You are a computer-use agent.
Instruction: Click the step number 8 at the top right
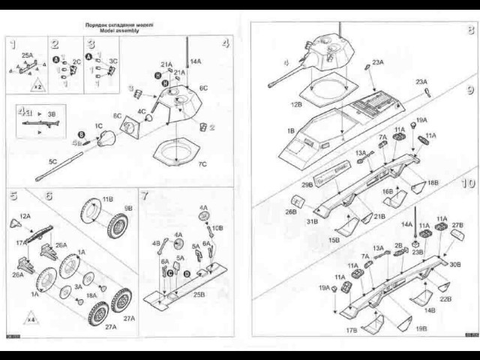coord(469,31)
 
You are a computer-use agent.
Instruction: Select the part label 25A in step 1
coord(27,55)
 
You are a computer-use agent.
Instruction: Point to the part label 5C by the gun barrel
coord(53,161)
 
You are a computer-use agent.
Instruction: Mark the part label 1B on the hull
coord(291,131)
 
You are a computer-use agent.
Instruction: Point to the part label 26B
coord(291,211)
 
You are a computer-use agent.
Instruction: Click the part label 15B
coord(334,239)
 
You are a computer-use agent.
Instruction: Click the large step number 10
coord(467,183)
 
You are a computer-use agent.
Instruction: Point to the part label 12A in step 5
coord(25,216)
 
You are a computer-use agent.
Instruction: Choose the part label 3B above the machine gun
coord(51,113)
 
